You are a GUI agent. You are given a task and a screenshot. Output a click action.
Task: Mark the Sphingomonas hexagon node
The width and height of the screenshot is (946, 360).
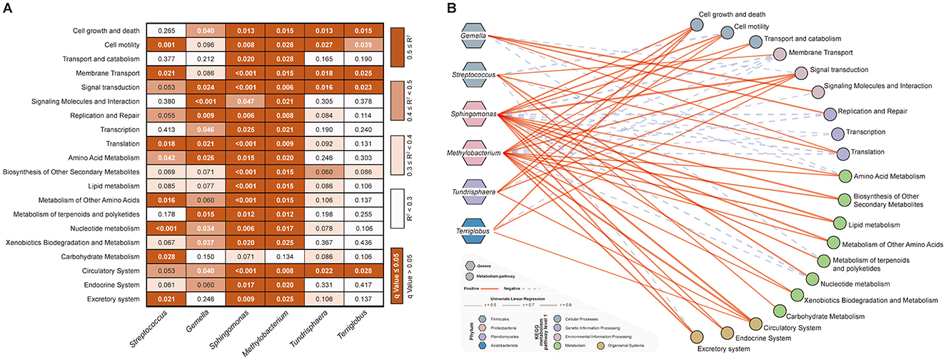[476, 114]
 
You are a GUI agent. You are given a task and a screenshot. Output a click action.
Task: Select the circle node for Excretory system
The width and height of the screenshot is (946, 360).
[698, 336]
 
